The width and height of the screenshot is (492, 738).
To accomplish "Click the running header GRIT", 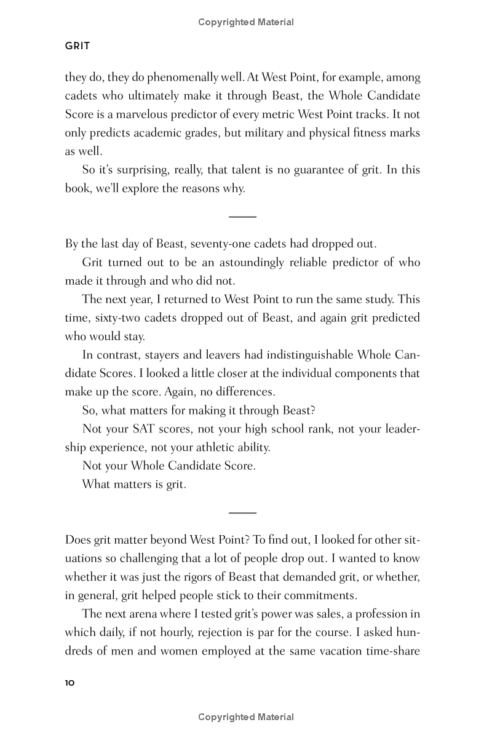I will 77,46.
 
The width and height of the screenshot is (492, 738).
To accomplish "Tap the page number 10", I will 69,683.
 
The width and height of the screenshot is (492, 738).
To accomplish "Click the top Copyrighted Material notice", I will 246,22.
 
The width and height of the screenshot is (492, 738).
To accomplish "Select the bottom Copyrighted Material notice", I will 246,717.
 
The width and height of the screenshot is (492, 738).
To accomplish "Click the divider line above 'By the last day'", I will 242,216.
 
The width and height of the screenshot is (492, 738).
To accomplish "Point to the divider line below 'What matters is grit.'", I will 242,512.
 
